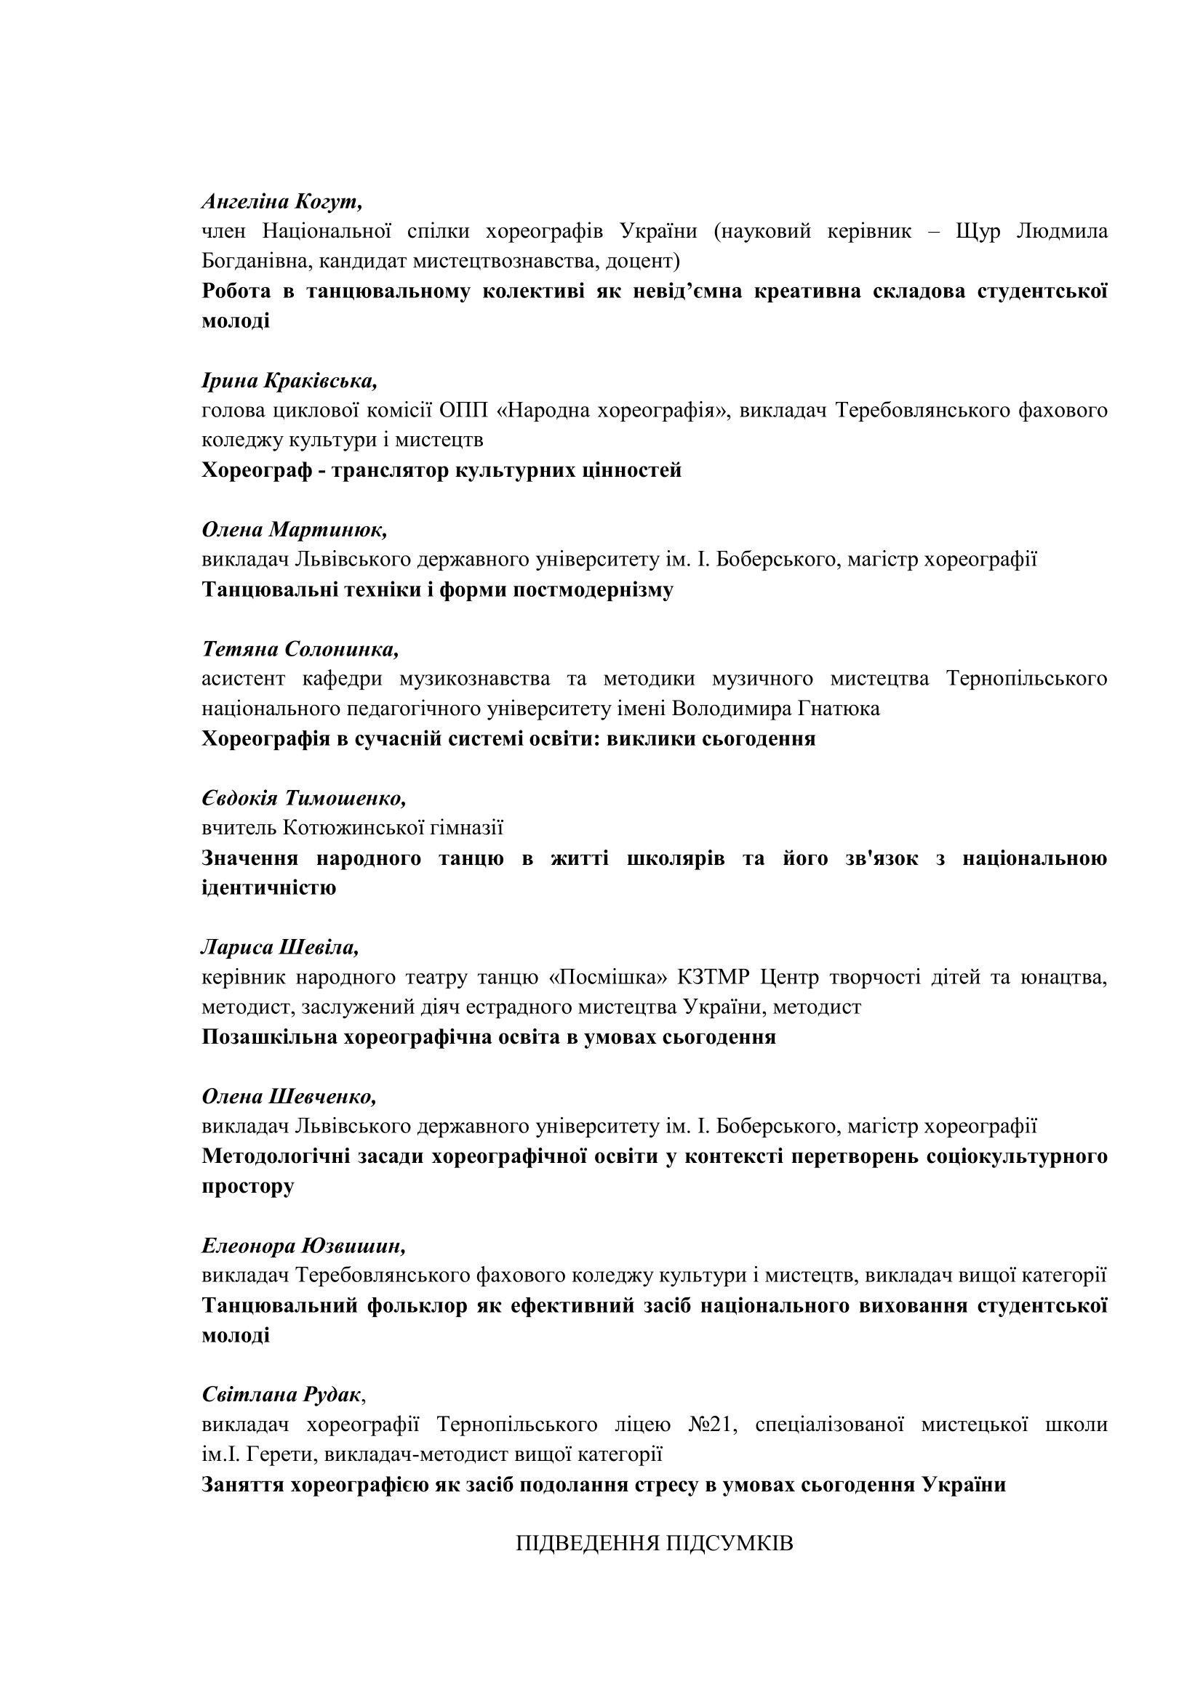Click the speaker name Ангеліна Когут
[281, 201]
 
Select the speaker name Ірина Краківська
[289, 381]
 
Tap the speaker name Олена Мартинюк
[294, 529]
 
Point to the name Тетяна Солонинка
[300, 649]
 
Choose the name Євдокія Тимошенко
[304, 798]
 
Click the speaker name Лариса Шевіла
[280, 947]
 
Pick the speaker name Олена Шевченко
[289, 1097]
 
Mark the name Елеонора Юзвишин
[304, 1246]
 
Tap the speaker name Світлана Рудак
[281, 1395]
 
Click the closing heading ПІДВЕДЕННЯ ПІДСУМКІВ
[655, 1544]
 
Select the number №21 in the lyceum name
[712, 1425]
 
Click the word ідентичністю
[269, 887]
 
